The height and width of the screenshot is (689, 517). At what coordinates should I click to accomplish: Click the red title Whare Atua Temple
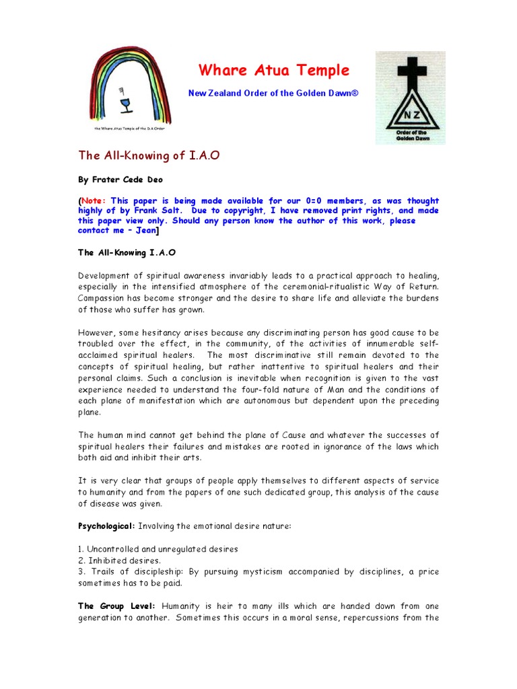coord(273,71)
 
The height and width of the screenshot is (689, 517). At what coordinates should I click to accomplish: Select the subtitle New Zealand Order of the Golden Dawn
coord(273,93)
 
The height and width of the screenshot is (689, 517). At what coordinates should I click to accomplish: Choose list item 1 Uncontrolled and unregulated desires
coord(158,548)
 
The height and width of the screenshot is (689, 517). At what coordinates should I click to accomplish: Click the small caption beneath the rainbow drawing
coord(130,127)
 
